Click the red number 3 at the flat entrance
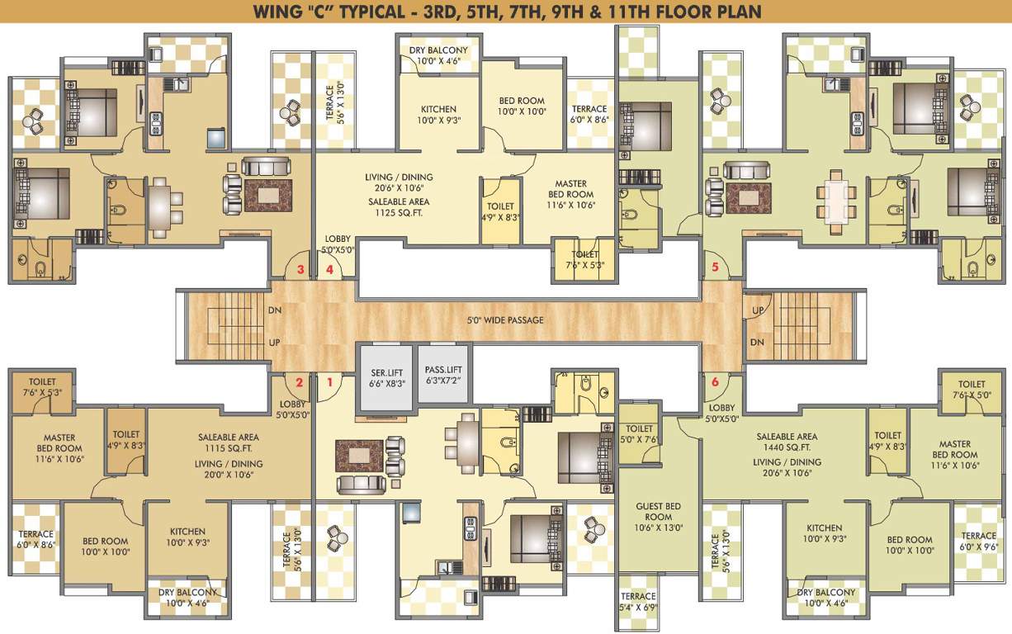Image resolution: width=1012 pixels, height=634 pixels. pyautogui.click(x=301, y=269)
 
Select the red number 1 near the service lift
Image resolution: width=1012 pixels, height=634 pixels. pyautogui.click(x=330, y=382)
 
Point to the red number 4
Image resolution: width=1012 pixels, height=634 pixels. pyautogui.click(x=330, y=269)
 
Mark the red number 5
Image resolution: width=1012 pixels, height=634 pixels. pyautogui.click(x=715, y=267)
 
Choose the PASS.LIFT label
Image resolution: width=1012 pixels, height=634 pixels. pyautogui.click(x=443, y=371)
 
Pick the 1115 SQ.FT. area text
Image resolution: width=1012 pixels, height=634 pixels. pyautogui.click(x=228, y=449)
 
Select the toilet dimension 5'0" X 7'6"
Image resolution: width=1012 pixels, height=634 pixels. pyautogui.click(x=639, y=440)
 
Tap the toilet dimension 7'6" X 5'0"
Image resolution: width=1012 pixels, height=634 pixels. pyautogui.click(x=972, y=395)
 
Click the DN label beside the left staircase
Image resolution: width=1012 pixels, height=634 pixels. pyautogui.click(x=275, y=311)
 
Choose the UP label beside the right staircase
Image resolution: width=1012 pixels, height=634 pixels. pyautogui.click(x=758, y=310)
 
